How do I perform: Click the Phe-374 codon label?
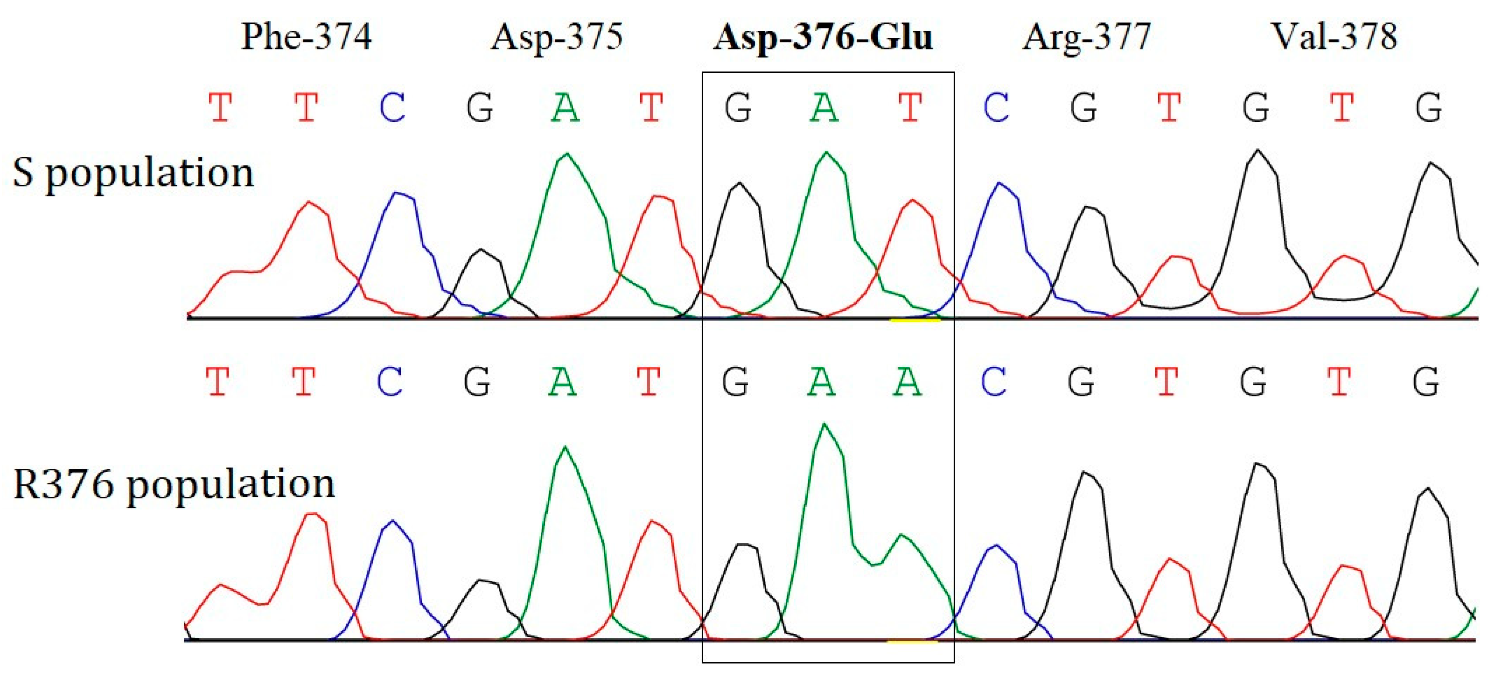pyautogui.click(x=306, y=37)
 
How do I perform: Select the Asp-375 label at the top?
pyautogui.click(x=556, y=37)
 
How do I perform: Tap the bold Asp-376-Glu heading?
pyautogui.click(x=823, y=37)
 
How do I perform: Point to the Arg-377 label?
pyautogui.click(x=1087, y=37)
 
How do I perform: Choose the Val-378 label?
pyautogui.click(x=1334, y=37)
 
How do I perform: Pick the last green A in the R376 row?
pyautogui.click(x=907, y=382)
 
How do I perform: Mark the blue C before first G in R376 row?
pyautogui.click(x=390, y=382)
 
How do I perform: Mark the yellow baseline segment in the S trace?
pyautogui.click(x=915, y=320)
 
